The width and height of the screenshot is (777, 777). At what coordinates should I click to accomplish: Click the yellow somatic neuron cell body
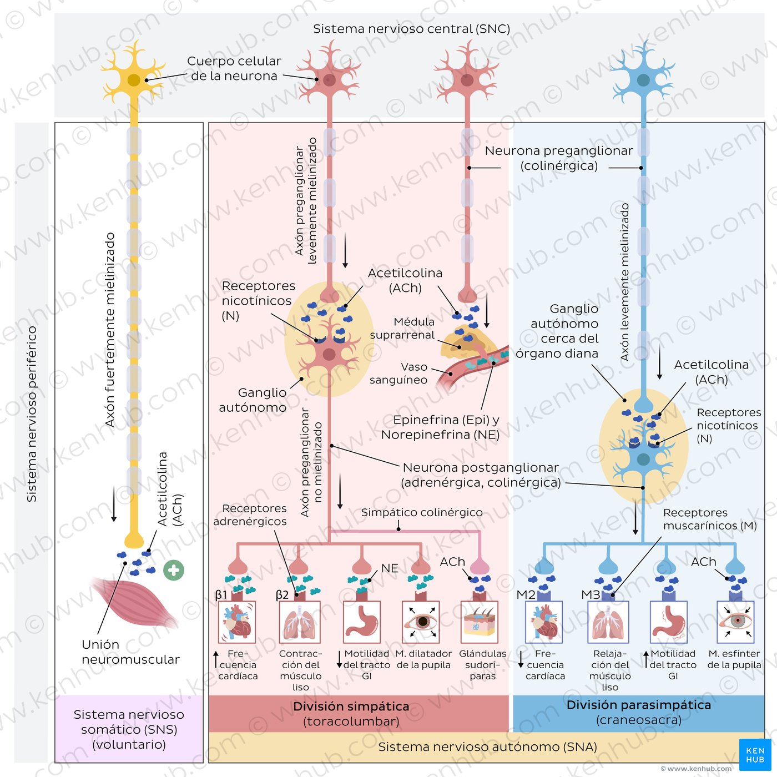click(134, 80)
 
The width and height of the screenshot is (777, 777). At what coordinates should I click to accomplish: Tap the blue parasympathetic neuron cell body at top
click(643, 80)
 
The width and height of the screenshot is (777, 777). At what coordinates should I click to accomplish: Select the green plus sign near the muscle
click(174, 570)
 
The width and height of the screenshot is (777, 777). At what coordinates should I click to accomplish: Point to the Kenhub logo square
click(755, 755)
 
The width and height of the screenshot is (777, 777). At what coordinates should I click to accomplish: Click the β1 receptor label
click(221, 595)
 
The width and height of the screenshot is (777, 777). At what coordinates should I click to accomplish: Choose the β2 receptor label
click(282, 595)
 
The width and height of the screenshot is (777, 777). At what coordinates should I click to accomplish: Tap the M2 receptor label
click(526, 595)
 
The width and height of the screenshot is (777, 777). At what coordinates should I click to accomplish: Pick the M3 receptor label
click(591, 595)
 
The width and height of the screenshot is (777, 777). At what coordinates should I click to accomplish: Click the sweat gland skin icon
click(480, 622)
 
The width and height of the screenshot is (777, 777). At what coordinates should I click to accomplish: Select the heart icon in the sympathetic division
click(238, 622)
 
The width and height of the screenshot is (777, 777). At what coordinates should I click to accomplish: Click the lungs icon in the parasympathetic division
click(610, 622)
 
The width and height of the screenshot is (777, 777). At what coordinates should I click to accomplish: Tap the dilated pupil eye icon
click(421, 622)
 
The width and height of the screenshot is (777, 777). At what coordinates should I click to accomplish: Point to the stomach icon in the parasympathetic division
click(669, 622)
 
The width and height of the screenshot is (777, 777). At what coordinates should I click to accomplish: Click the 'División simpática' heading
click(351, 707)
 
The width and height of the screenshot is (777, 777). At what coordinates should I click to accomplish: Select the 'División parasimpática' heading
click(639, 705)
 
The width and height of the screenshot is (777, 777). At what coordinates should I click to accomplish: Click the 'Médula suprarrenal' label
click(402, 329)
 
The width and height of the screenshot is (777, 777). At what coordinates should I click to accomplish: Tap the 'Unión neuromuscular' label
click(130, 652)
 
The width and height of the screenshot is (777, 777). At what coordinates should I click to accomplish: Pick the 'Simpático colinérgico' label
click(422, 512)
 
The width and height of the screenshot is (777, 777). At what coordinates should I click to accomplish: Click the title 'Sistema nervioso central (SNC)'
click(411, 29)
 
